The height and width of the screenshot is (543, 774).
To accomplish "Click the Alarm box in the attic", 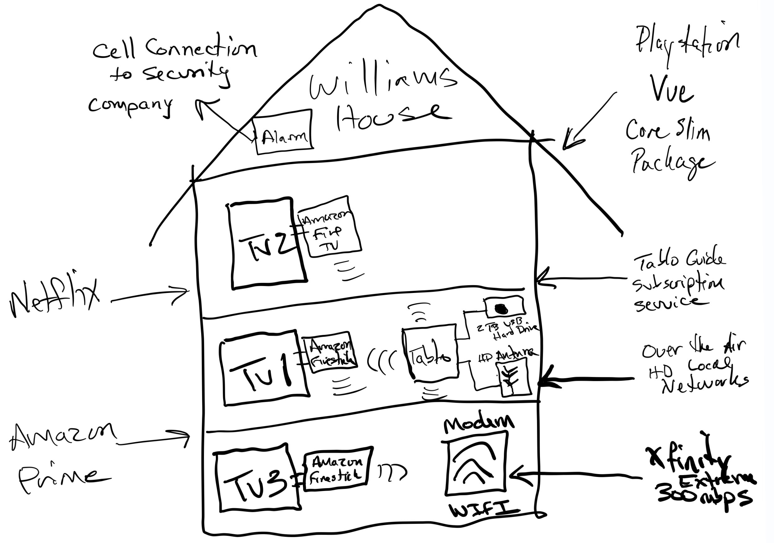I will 283,132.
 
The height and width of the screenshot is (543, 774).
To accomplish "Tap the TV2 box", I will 267,243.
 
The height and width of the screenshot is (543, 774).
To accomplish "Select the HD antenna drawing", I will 512,378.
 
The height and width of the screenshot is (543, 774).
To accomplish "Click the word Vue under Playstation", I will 671,88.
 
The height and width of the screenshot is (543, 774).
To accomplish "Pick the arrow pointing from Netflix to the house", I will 150,296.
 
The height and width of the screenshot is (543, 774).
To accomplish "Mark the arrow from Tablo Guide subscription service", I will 580,278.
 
